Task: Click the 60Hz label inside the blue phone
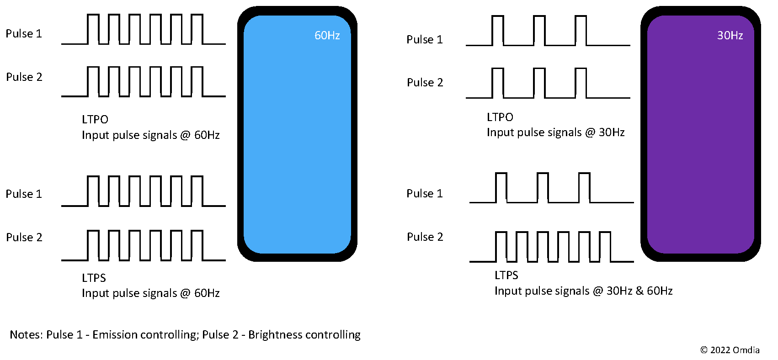(x=327, y=35)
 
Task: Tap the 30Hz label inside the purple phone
(x=730, y=35)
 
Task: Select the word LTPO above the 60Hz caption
(x=95, y=120)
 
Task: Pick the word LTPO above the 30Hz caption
(x=500, y=117)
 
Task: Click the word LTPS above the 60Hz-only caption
(x=94, y=278)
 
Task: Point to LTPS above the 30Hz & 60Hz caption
(x=506, y=275)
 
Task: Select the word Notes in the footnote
(x=26, y=335)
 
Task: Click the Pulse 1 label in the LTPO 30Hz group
(x=424, y=40)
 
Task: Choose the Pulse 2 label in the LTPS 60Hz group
(x=24, y=238)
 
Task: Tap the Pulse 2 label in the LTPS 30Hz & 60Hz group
(x=425, y=237)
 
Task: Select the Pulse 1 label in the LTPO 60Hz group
(x=23, y=34)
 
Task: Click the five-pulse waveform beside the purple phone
(x=552, y=247)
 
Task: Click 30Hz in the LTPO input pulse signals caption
(x=611, y=132)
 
